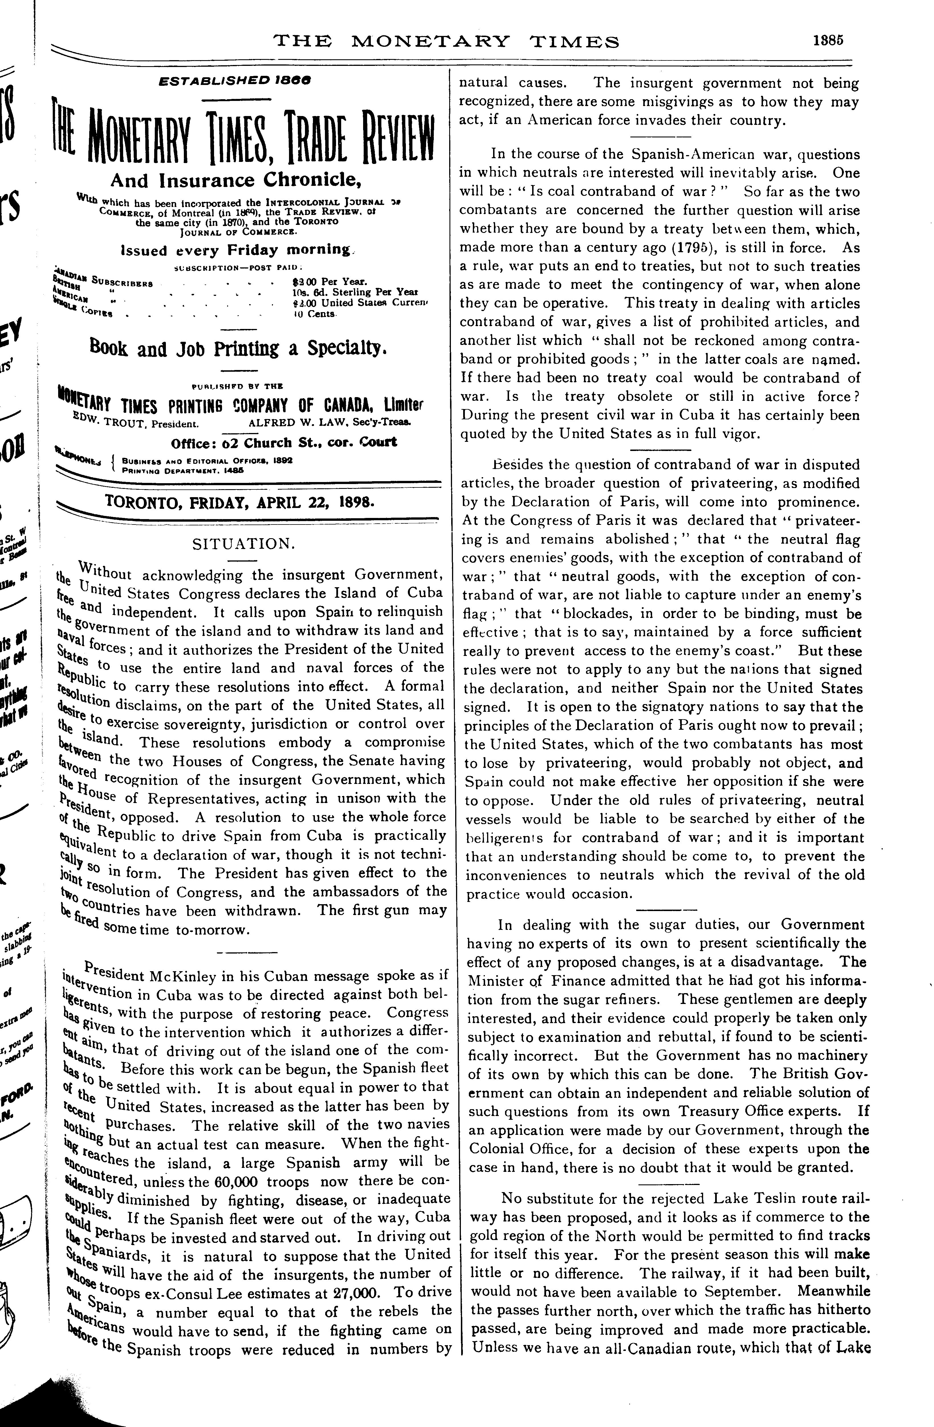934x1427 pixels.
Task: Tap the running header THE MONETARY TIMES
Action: tap(446, 41)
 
